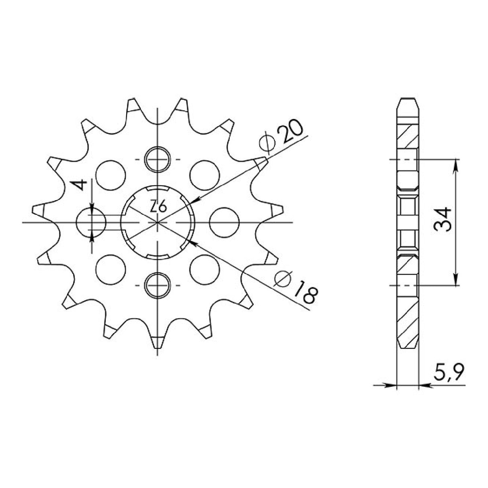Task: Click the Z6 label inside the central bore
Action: [158, 208]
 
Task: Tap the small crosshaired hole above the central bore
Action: [158, 160]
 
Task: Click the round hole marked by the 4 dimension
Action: [91, 222]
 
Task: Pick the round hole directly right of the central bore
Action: [225, 222]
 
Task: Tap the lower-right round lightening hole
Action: [205, 269]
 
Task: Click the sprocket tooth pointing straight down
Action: [158, 342]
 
